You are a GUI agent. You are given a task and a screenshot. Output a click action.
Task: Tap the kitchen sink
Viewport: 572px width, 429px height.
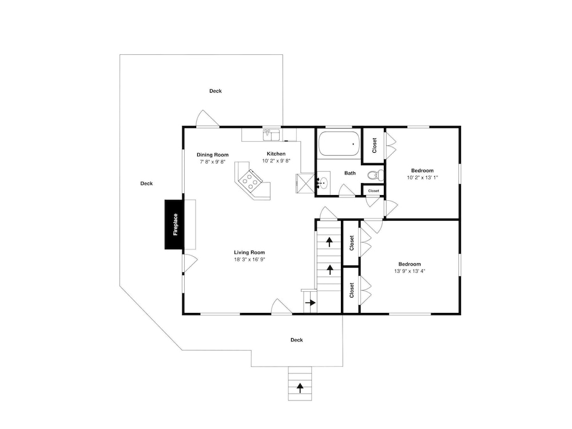(x=271, y=134)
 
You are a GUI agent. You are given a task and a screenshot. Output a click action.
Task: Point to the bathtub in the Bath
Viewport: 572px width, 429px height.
(x=339, y=144)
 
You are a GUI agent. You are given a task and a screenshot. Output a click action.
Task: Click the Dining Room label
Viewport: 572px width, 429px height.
(x=213, y=154)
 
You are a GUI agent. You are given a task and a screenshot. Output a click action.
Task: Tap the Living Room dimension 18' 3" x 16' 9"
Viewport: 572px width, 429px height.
(x=249, y=260)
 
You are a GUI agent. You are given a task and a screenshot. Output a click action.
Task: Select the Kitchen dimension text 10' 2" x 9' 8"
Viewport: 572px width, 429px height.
(x=276, y=161)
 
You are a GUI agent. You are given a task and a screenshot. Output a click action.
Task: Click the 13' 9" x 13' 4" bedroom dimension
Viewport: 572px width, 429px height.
(x=410, y=271)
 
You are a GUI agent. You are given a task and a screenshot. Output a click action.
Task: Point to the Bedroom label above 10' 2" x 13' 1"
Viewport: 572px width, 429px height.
(x=423, y=170)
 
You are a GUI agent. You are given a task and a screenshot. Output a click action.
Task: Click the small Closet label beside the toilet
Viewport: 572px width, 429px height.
(x=374, y=191)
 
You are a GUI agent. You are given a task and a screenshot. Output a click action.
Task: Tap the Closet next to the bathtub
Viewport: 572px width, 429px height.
(x=374, y=145)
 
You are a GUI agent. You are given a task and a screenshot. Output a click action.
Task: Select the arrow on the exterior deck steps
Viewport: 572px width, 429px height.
(x=300, y=388)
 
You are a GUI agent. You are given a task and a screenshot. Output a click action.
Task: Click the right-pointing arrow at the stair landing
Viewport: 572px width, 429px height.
(x=311, y=303)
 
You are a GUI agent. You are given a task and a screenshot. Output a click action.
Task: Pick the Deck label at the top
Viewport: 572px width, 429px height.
(x=216, y=91)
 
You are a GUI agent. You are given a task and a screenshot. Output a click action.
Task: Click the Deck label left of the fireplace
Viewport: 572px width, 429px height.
(x=146, y=184)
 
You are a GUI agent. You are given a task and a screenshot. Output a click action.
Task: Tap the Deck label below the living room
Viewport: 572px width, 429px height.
(x=296, y=340)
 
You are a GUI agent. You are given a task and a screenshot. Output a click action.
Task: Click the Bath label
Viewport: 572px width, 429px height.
(x=350, y=173)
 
